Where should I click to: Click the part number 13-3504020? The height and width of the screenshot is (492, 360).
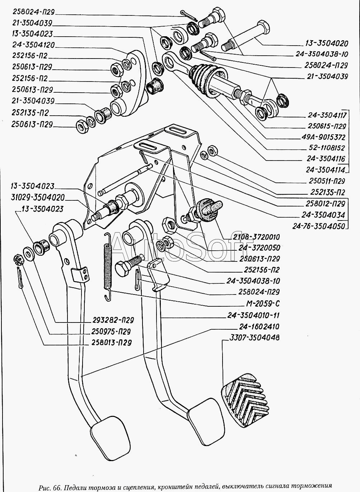pos(327,44)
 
